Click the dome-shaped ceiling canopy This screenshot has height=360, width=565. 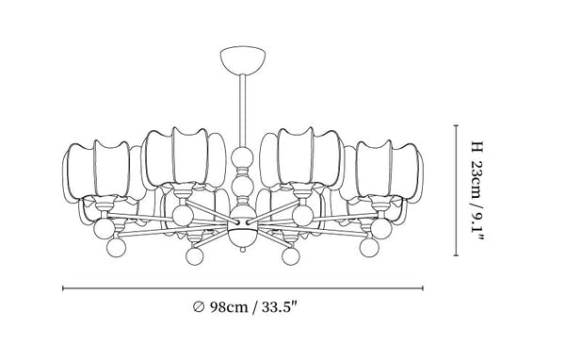(243, 59)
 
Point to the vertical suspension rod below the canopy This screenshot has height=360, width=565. (243, 110)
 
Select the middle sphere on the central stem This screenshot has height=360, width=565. (242, 185)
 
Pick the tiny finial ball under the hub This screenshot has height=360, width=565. (243, 249)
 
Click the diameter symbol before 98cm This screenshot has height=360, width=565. (199, 307)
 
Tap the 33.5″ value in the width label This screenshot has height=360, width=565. (279, 307)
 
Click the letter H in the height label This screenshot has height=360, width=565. (476, 147)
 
